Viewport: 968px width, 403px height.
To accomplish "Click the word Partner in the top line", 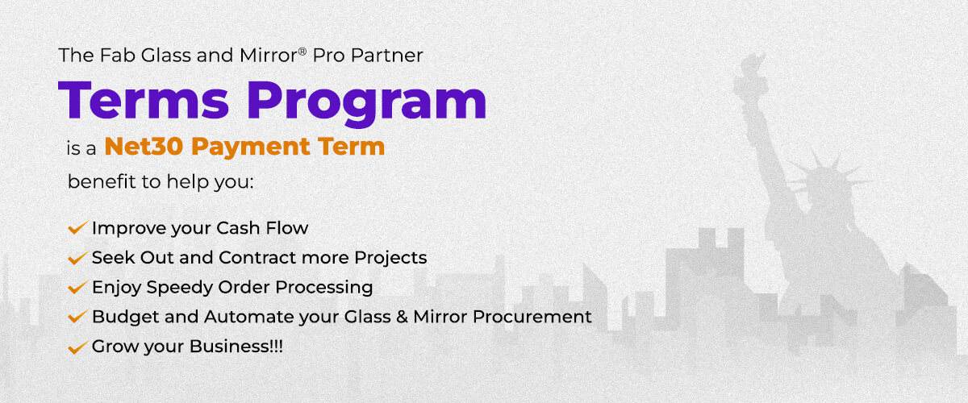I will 394,56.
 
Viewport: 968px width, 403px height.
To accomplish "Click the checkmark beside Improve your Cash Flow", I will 77,229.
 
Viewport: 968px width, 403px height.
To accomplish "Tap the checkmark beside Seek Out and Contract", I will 77,259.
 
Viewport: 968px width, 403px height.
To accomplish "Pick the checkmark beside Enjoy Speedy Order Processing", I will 77,288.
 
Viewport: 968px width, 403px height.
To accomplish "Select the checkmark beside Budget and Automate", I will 77,318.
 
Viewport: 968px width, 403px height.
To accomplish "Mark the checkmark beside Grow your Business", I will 77,347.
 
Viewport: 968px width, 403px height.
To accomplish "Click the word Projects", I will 391,258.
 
